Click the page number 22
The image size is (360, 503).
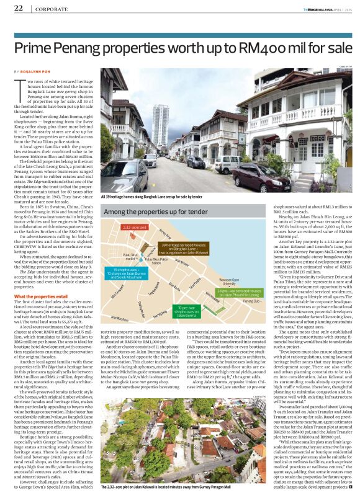tap(19, 8)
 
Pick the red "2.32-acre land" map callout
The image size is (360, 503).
tap(135, 227)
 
